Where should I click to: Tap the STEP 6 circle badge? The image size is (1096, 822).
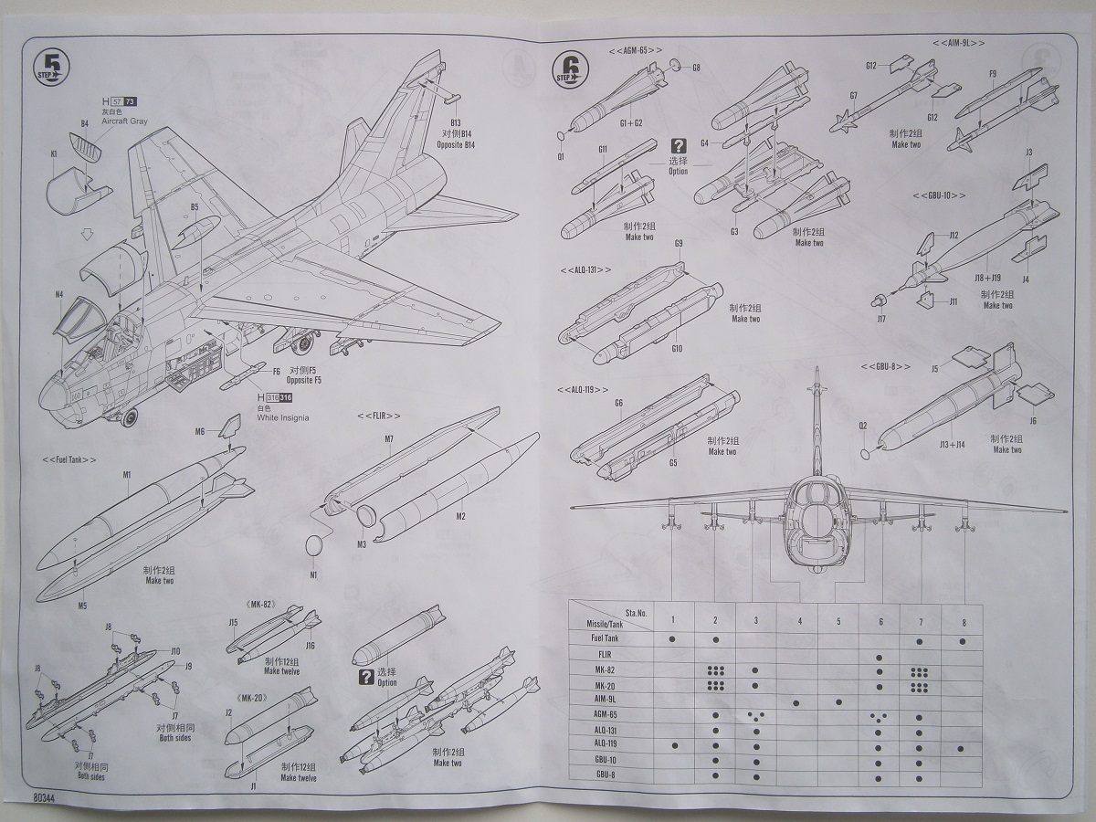[569, 69]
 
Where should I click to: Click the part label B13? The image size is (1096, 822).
[457, 122]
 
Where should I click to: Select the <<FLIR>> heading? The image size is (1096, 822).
[378, 416]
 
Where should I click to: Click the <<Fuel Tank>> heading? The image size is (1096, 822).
[69, 458]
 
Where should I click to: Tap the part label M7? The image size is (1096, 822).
[389, 440]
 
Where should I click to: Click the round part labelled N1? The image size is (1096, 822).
[313, 545]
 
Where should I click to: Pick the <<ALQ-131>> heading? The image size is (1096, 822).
[585, 270]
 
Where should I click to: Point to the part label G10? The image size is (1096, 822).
[677, 348]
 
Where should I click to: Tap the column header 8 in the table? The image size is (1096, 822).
[962, 621]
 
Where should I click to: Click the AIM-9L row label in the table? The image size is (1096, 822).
[605, 698]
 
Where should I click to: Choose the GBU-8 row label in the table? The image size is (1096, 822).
[605, 775]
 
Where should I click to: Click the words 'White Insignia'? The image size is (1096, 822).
[282, 417]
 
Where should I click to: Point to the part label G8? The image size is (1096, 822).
[696, 68]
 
